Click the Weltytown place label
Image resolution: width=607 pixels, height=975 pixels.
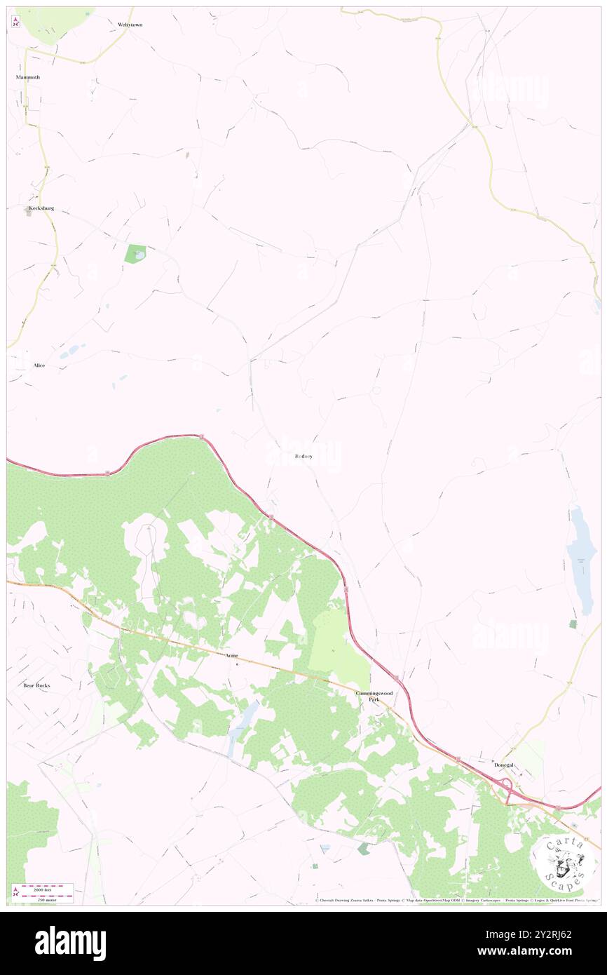tap(130, 24)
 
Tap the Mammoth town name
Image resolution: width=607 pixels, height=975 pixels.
tap(28, 76)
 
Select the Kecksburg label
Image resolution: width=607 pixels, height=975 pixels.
tap(40, 208)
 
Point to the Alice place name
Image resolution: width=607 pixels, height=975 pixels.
tap(39, 365)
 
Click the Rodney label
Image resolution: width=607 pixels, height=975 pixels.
tap(303, 456)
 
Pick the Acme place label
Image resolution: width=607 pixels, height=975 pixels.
tap(232, 655)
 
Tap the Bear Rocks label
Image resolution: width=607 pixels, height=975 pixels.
tap(36, 685)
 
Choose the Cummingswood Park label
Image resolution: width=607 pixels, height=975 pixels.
tap(374, 696)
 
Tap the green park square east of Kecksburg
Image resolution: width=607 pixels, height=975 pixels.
tap(135, 254)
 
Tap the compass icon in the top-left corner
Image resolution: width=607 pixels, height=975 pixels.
tap(15, 23)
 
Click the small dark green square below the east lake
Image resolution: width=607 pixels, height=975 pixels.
tap(573, 624)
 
